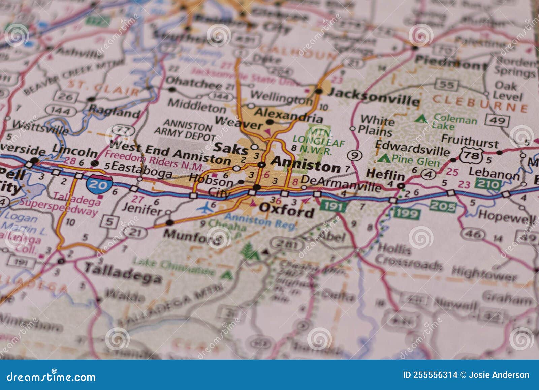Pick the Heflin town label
385,175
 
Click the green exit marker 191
333,206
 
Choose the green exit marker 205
443,206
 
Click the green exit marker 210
488,184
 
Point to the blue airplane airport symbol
205,209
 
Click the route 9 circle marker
354,155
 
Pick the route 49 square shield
497,120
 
